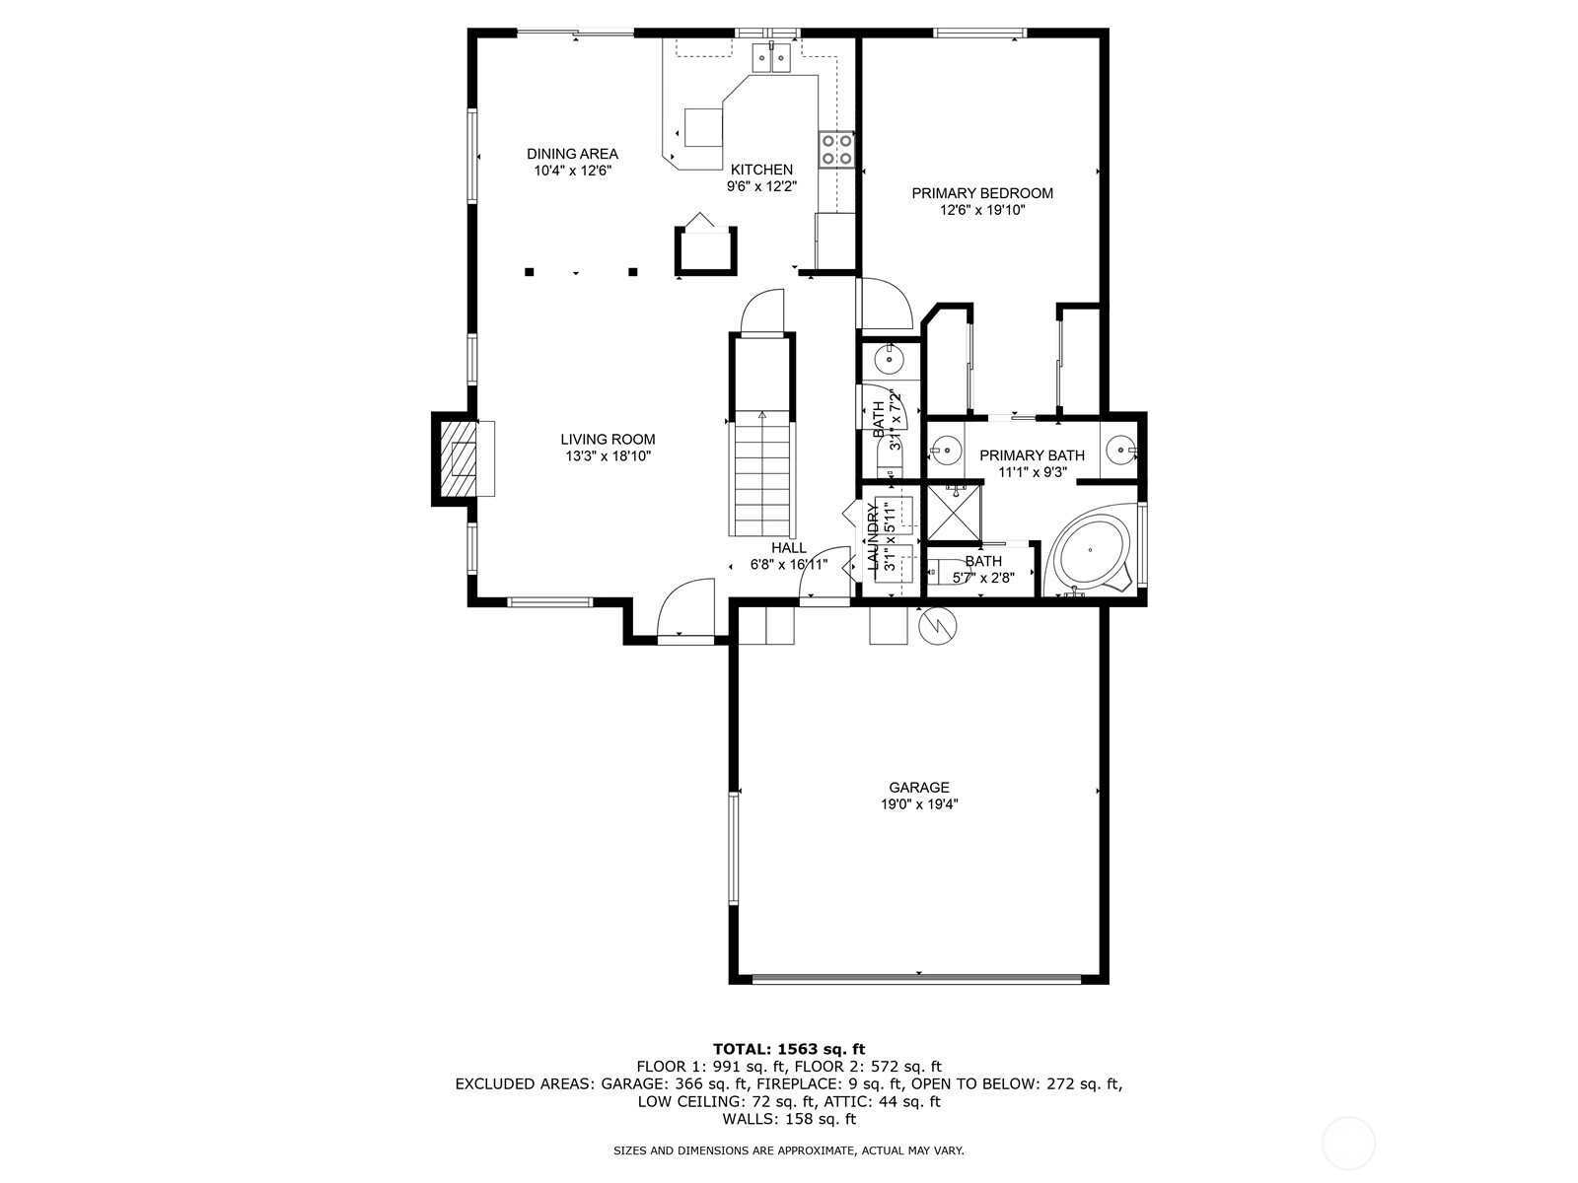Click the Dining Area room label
(572, 154)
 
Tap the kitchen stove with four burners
(836, 151)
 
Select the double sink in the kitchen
(771, 57)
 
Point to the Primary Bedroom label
(982, 193)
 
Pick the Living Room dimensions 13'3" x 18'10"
(609, 456)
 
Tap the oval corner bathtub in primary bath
(1090, 549)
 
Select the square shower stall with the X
(954, 513)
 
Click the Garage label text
(919, 788)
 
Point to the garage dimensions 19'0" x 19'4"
(919, 804)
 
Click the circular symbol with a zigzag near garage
(938, 626)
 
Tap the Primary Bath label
(1032, 455)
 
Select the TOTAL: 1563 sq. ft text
(789, 1049)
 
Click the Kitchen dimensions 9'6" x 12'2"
(762, 186)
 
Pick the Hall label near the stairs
(789, 548)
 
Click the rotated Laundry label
(874, 536)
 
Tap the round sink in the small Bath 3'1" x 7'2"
(890, 358)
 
